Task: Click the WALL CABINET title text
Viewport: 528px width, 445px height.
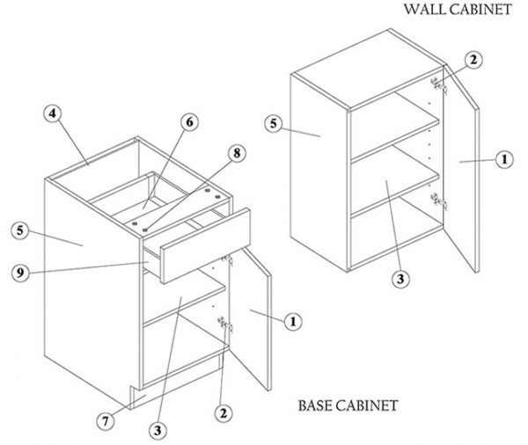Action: point(457,10)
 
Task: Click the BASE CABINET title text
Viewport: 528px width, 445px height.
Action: point(346,406)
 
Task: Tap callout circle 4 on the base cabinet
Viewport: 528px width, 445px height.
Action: point(55,115)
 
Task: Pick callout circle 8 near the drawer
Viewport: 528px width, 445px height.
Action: point(237,153)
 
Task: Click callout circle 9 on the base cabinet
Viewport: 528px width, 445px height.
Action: point(20,273)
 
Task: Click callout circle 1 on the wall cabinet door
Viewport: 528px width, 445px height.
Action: point(503,159)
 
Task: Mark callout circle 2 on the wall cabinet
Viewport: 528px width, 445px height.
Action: point(473,60)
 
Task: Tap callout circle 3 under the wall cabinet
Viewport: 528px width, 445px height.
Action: point(400,280)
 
